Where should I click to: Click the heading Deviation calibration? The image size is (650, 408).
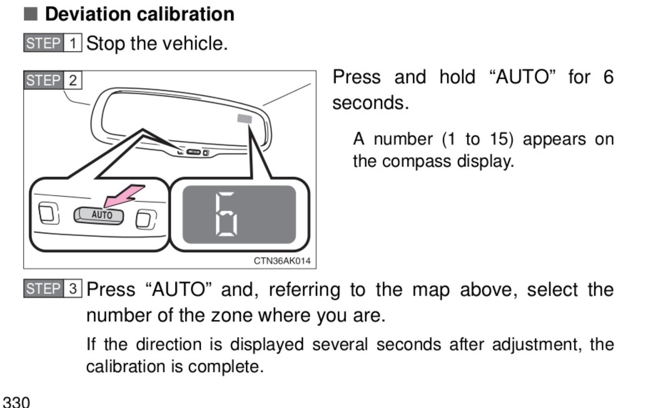click(x=139, y=14)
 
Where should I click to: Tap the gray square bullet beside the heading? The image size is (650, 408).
click(x=31, y=14)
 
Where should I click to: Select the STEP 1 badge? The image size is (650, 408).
click(x=53, y=43)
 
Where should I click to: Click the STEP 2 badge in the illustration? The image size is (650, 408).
click(x=53, y=80)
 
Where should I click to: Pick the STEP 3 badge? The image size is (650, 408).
click(x=53, y=289)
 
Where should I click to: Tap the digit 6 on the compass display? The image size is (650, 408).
click(x=227, y=214)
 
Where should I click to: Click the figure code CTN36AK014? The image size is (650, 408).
click(x=282, y=261)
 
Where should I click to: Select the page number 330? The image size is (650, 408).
click(x=16, y=402)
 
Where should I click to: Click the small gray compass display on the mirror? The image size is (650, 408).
click(x=245, y=118)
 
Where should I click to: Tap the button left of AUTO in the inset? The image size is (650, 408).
click(x=48, y=212)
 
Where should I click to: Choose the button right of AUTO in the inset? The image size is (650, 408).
click(x=146, y=219)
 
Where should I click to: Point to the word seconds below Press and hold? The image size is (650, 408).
click(x=370, y=103)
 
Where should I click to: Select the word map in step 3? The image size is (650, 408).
click(x=431, y=289)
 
